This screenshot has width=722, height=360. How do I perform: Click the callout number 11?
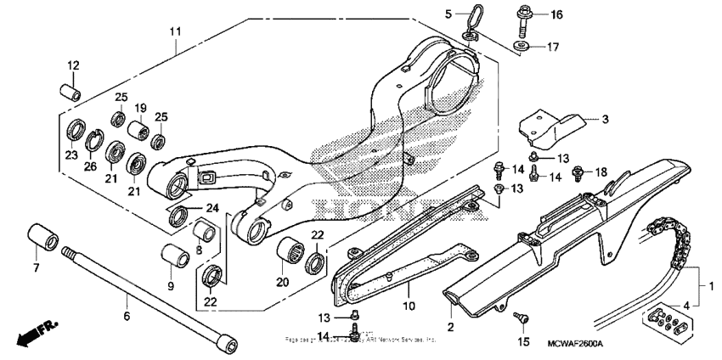pyautogui.click(x=175, y=31)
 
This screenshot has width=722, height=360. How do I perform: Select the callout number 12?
pyautogui.click(x=73, y=65)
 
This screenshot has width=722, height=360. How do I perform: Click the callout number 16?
pyautogui.click(x=556, y=14)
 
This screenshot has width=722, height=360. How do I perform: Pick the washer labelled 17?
pyautogui.click(x=522, y=45)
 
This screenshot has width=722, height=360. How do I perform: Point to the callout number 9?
pyautogui.click(x=169, y=285)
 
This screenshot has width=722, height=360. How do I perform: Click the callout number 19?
pyautogui.click(x=139, y=109)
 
